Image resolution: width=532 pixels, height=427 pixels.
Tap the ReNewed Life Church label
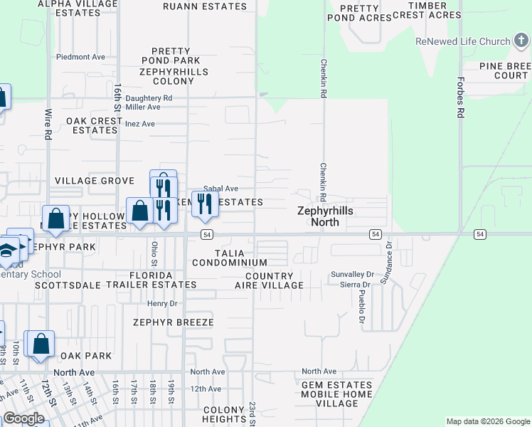click(x=463, y=41)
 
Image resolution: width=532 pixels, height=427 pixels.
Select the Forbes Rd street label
click(x=461, y=97)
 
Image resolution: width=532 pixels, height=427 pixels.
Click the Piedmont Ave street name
click(x=80, y=57)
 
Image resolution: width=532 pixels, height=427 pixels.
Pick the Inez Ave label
click(x=139, y=124)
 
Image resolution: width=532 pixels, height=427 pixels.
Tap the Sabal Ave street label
click(x=220, y=189)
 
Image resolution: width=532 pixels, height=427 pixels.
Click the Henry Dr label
click(x=161, y=303)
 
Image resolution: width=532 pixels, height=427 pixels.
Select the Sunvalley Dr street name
click(x=352, y=274)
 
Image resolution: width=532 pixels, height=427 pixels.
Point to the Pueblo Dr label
click(x=361, y=306)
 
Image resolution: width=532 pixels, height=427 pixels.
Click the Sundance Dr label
click(x=388, y=265)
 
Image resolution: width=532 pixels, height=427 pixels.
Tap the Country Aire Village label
click(x=269, y=280)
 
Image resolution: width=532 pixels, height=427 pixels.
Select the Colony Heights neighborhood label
click(x=223, y=415)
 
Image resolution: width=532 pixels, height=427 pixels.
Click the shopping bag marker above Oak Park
click(x=40, y=343)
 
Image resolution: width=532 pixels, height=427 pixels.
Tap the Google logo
click(x=23, y=419)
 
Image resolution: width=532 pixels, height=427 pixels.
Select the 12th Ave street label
click(x=206, y=389)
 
